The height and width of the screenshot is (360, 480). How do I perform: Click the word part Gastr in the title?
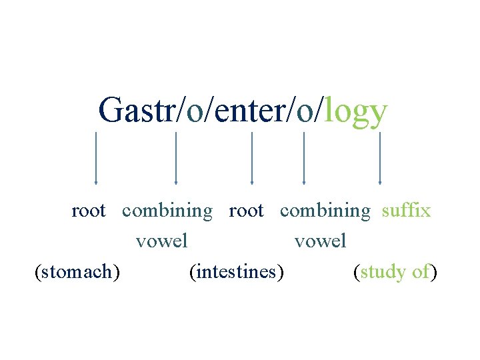tap(136, 110)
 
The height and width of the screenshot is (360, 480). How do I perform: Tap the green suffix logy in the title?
tap(355, 111)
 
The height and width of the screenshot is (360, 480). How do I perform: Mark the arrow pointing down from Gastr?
tap(96, 158)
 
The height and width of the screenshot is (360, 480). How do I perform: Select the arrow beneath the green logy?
tap(380, 158)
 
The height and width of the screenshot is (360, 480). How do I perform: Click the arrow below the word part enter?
tap(252, 158)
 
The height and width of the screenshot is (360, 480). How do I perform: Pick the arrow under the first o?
tap(176, 158)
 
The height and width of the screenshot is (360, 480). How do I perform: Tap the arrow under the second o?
tap(304, 158)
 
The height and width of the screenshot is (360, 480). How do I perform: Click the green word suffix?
tap(406, 211)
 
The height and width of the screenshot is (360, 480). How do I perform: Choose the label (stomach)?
tap(77, 272)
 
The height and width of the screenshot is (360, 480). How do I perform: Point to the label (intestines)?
tap(236, 272)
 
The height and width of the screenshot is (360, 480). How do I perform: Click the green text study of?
tap(395, 272)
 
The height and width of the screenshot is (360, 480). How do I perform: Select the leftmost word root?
tap(89, 211)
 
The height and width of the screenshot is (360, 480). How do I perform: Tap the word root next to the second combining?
tap(246, 211)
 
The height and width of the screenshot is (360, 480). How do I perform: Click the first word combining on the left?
tap(167, 211)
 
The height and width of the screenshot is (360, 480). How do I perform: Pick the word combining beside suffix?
tap(325, 211)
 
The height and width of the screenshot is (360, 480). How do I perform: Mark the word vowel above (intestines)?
tap(162, 240)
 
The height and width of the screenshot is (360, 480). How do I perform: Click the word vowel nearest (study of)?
tap(321, 240)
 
